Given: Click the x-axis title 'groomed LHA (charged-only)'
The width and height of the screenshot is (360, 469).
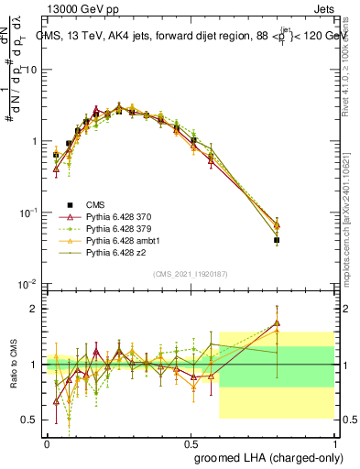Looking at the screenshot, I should point(261,457).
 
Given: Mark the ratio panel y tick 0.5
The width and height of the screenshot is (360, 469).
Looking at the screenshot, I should point(31,420).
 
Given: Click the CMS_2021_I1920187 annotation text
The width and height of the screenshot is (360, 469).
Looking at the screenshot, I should point(190,273).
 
